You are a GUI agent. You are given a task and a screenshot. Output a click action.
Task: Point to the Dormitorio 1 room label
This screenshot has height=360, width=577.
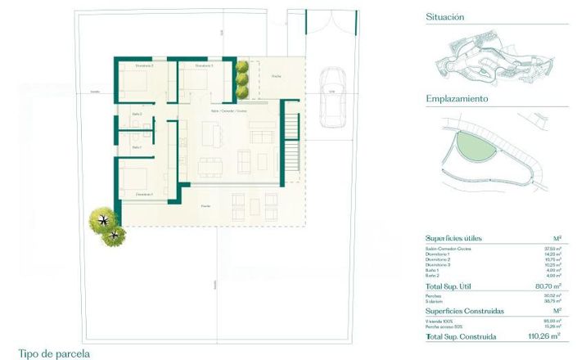144,194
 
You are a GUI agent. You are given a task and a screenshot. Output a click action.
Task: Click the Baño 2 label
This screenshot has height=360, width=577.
137,114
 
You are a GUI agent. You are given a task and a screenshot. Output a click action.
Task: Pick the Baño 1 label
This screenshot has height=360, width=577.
137,147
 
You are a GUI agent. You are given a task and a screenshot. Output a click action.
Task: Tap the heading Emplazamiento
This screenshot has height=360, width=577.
457,98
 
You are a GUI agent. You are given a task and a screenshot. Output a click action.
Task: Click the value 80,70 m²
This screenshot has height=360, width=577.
543,287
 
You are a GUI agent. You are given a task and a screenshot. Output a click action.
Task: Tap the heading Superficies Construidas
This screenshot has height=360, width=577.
463,311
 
